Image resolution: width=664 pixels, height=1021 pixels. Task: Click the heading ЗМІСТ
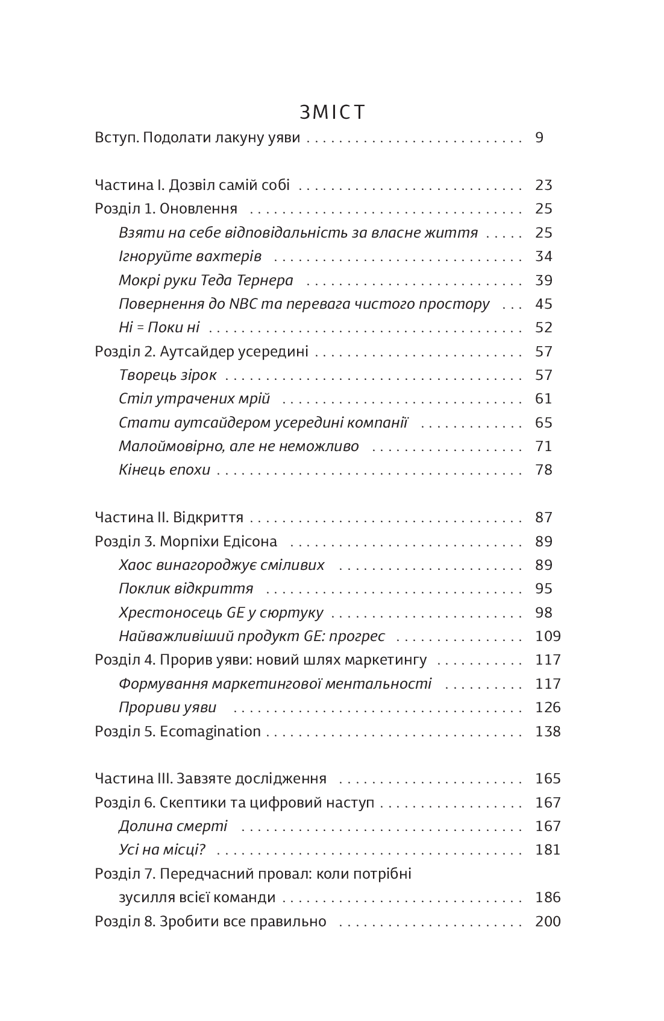[x=332, y=113]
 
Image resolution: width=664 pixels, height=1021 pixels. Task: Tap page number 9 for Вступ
[x=539, y=138]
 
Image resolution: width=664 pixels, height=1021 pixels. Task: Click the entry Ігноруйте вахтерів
[x=190, y=256]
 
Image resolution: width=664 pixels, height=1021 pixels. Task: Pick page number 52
[x=543, y=327]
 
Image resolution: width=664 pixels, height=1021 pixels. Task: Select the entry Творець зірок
[x=168, y=375]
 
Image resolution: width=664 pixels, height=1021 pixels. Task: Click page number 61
[x=543, y=399]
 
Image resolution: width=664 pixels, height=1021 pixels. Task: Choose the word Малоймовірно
[x=167, y=446]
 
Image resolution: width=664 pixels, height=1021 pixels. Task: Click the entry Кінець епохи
[x=164, y=470]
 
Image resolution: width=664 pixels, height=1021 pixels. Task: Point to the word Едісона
[x=252, y=542]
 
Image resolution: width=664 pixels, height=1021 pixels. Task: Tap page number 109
[x=548, y=636]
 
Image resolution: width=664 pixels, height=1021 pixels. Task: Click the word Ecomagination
[x=210, y=732]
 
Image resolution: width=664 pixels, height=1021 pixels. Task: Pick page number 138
[x=548, y=732]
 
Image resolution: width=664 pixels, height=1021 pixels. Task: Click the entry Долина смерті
[x=173, y=826]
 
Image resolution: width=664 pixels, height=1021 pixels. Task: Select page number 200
[x=548, y=921]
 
